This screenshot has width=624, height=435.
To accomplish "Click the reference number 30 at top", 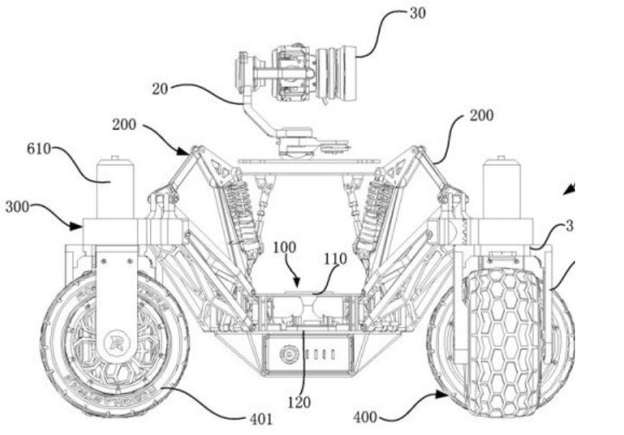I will (x=416, y=14).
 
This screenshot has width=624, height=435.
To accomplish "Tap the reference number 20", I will (x=160, y=89).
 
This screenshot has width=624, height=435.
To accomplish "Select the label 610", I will (x=39, y=150).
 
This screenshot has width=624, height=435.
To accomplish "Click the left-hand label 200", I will (x=124, y=124).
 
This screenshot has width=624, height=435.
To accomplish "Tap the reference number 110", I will (x=335, y=257).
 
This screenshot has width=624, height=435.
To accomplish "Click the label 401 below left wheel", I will (x=260, y=418).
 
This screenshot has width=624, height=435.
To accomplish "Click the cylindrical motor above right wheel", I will (x=501, y=187).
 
